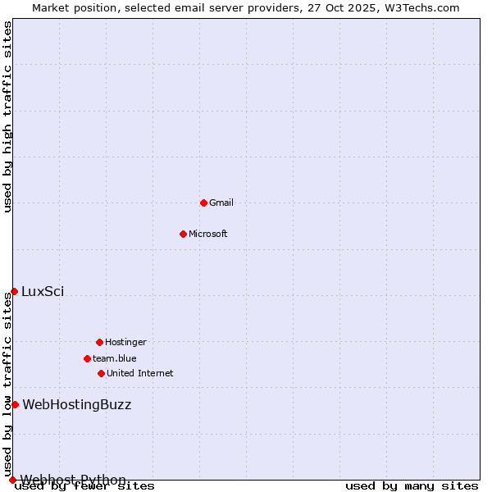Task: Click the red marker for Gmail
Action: pos(203,203)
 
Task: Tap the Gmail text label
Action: pos(221,203)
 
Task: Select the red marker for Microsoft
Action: pos(183,234)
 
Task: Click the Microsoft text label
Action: pos(208,234)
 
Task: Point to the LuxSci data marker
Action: pos(14,291)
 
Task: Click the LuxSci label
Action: pos(43,291)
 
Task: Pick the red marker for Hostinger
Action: pos(99,342)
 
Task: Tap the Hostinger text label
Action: pos(125,342)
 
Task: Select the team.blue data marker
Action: pos(87,358)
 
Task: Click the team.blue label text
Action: pos(115,358)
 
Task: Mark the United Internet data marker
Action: pos(101,373)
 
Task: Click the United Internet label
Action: pos(140,373)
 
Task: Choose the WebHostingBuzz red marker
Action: pos(15,404)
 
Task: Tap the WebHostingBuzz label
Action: pos(76,404)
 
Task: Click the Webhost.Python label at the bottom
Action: pos(74,480)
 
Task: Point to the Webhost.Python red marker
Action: pos(12,480)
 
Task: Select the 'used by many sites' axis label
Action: pos(412,486)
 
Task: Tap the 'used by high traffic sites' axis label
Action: pos(7,116)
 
